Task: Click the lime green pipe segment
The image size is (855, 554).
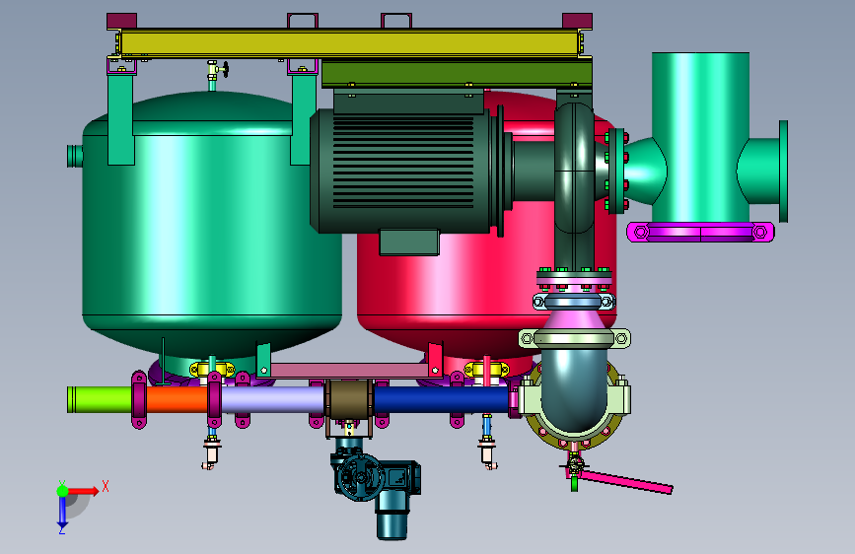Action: coord(100,399)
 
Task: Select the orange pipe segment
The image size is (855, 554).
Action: coord(178,399)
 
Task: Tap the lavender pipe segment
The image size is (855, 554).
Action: coord(272,399)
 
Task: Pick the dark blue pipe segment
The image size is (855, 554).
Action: coord(442,399)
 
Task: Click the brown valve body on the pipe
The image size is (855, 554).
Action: coord(349,399)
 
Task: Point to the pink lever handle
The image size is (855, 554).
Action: coord(626,481)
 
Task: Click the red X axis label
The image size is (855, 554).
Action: coord(106,486)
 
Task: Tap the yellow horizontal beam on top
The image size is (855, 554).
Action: coord(349,43)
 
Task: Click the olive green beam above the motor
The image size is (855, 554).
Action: coord(457,74)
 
